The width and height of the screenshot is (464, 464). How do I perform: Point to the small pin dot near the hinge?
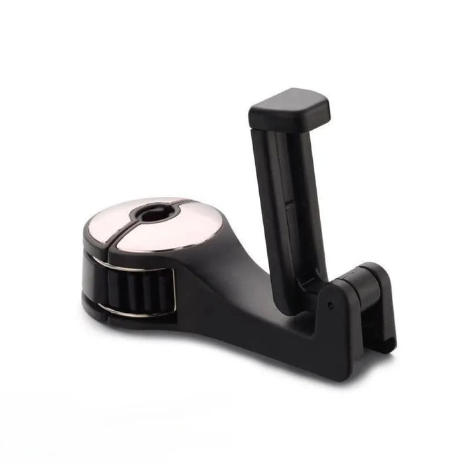[x=330, y=306]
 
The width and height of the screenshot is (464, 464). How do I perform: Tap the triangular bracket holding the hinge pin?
[x=345, y=318]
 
